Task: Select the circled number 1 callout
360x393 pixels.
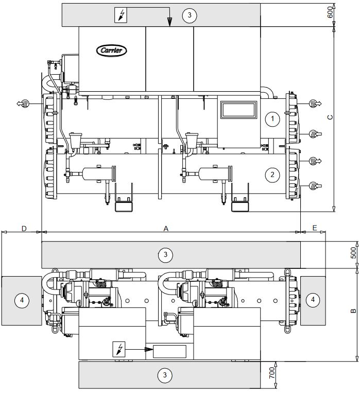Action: click(x=272, y=119)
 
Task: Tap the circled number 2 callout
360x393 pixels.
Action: click(x=272, y=174)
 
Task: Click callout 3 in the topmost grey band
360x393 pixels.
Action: click(x=189, y=15)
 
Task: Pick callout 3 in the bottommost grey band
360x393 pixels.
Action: click(x=165, y=375)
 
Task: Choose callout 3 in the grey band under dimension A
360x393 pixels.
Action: click(x=165, y=254)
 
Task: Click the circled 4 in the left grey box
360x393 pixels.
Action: click(x=21, y=299)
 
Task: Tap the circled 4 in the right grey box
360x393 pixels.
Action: click(x=312, y=299)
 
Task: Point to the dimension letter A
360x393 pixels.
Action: click(x=166, y=227)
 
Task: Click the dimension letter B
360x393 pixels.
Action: click(x=353, y=311)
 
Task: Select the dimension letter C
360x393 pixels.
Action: click(x=330, y=117)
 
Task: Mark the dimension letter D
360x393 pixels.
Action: click(x=24, y=227)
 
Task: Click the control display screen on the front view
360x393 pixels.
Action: click(x=238, y=110)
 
